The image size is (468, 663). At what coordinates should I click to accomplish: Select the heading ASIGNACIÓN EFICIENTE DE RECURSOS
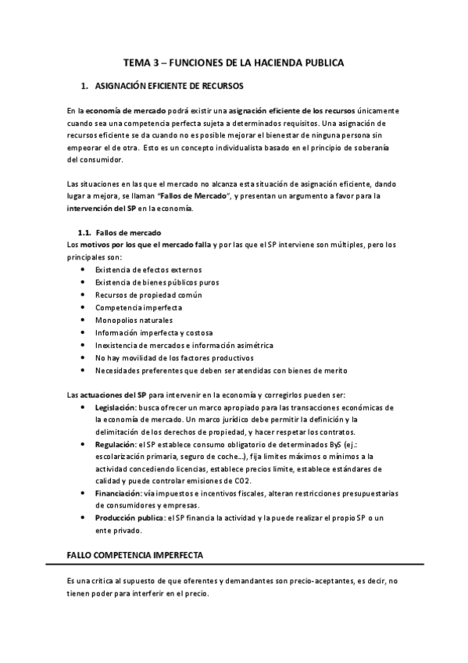tap(169, 84)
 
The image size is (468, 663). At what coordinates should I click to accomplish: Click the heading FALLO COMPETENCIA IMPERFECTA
tap(136, 554)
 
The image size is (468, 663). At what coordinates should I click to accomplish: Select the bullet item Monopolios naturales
tap(134, 320)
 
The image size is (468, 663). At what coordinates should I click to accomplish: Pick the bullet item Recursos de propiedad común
tap(148, 295)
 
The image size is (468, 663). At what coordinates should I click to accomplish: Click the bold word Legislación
tap(116, 408)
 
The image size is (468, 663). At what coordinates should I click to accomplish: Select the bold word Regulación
tap(115, 444)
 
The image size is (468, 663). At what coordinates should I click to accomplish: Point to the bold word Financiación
tap(117, 493)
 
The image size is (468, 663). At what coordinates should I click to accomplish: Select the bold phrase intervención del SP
tap(102, 209)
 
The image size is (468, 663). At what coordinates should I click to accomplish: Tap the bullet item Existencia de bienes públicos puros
tap(157, 282)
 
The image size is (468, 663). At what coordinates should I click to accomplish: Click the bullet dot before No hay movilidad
tap(84, 357)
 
